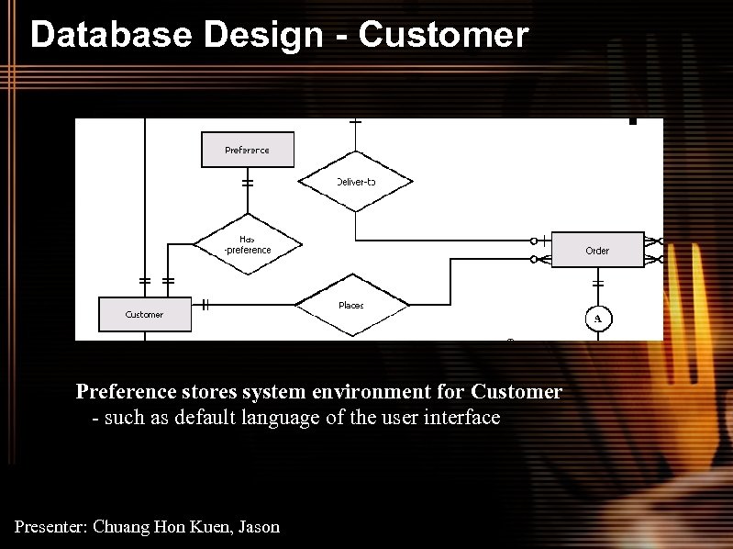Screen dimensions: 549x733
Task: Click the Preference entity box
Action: [x=247, y=150]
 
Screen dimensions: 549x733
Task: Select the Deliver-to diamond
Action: [x=355, y=182]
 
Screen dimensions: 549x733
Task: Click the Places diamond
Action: [x=351, y=305]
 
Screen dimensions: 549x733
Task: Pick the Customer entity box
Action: [x=144, y=314]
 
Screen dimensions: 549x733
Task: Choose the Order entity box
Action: [x=597, y=250]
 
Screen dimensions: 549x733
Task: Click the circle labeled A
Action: [x=598, y=319]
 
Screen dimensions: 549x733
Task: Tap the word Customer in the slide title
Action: [x=443, y=35]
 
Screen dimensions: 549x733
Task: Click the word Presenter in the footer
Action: [x=51, y=527]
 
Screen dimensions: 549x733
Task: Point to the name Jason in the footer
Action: [x=259, y=527]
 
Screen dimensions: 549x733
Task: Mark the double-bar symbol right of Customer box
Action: [x=205, y=304]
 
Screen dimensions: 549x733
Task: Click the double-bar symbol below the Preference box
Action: [x=247, y=183]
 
